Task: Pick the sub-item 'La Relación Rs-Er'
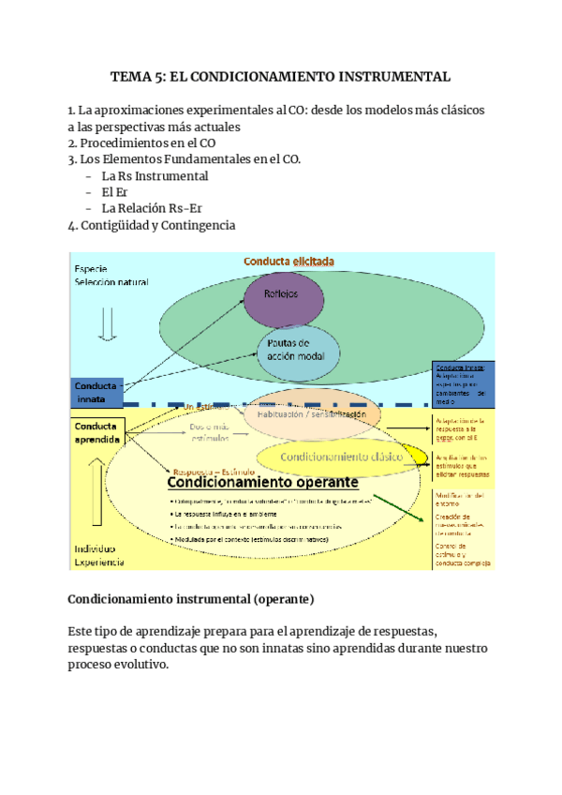(x=152, y=208)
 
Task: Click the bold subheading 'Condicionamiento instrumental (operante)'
(x=191, y=598)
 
